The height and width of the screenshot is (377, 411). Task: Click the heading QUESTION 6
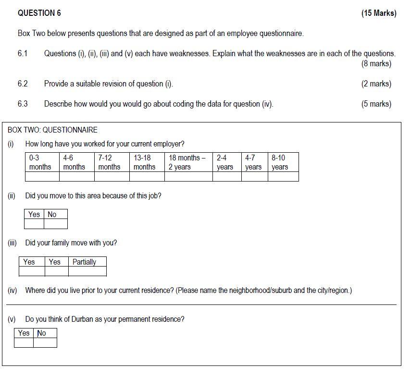(x=39, y=13)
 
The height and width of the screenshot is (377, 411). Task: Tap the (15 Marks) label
(x=379, y=13)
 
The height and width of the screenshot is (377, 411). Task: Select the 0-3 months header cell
(x=42, y=162)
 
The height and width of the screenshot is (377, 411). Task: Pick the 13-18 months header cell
(x=147, y=162)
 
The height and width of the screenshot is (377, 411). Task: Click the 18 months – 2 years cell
(x=188, y=162)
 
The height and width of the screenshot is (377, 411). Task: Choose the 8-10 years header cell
(x=283, y=162)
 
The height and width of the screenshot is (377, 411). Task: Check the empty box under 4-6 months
(x=77, y=176)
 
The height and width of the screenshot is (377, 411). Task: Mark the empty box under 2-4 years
(x=226, y=176)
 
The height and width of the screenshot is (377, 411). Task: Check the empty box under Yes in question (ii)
(x=34, y=224)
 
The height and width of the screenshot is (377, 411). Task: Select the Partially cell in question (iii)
(x=87, y=262)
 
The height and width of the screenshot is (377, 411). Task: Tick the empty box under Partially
(x=87, y=271)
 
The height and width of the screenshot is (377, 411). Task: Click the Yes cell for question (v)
(x=24, y=333)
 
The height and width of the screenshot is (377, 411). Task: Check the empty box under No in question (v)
(x=45, y=342)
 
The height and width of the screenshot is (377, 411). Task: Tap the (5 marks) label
(x=376, y=104)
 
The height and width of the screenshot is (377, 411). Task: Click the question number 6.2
(x=23, y=84)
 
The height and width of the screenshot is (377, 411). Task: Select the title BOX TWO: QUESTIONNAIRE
(x=52, y=130)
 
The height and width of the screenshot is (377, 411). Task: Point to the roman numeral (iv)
(x=12, y=291)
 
